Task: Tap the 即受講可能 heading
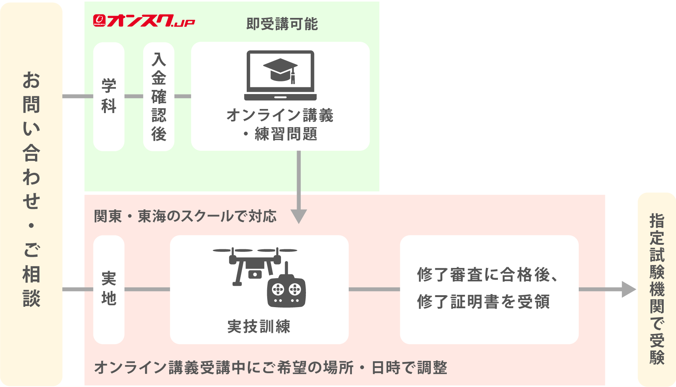pos(282,24)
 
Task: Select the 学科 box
pos(109,96)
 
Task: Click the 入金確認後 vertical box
pos(159,96)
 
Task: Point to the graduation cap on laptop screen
pos(281,70)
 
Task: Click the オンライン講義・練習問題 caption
pos(280,124)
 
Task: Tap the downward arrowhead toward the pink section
pos(299,216)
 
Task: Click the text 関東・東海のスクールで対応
pos(185,216)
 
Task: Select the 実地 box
pos(109,289)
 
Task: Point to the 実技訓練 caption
pos(259,327)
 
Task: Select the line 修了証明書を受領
pos(483,302)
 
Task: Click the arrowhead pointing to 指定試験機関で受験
pos(629,289)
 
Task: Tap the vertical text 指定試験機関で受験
pos(657,289)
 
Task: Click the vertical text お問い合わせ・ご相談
pos(31,188)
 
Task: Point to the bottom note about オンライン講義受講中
pos(271,368)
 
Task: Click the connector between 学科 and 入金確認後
pos(134,96)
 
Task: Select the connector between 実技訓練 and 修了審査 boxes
pos(374,289)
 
